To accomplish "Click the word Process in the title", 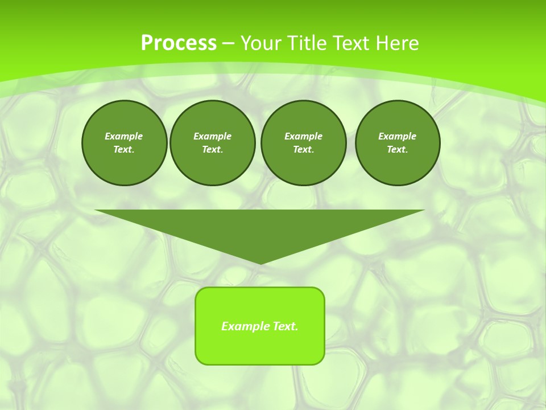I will [x=179, y=43].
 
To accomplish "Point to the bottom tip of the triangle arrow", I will [x=260, y=263].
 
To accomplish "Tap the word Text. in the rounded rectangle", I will [x=285, y=326].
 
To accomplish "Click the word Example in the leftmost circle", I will [x=124, y=136].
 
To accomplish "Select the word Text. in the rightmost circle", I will [x=397, y=150].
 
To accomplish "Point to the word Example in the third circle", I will [x=303, y=136].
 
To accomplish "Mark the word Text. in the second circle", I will [x=212, y=150].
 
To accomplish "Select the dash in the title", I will [x=228, y=44].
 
